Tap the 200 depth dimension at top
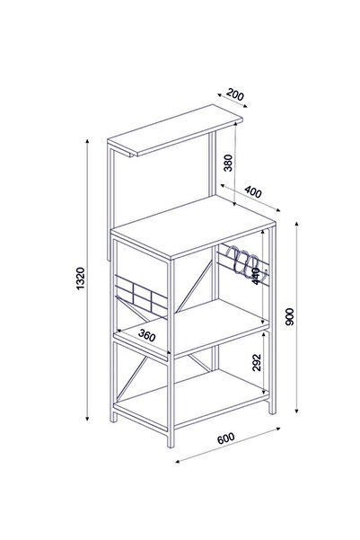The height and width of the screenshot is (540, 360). point(236,94)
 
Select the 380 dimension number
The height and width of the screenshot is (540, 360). point(230,162)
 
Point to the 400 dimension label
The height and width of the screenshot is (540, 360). point(253,191)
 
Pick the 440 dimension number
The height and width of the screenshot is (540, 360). point(256,275)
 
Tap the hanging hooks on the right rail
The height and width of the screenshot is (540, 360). point(240,261)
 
